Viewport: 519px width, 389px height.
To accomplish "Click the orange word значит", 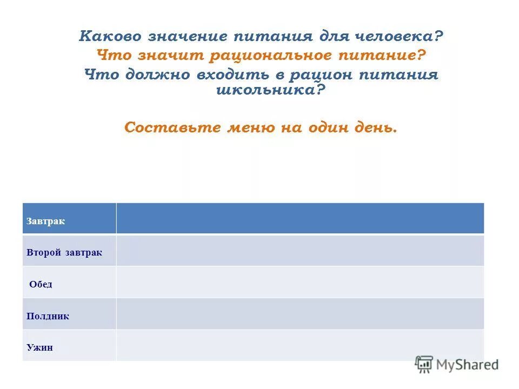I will click(x=167, y=55).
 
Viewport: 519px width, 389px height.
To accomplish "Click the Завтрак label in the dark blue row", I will click(x=45, y=222).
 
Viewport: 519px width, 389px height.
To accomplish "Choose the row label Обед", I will click(x=41, y=284).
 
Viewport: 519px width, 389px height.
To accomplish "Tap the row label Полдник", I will click(x=48, y=316).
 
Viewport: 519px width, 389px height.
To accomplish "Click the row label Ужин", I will click(x=39, y=347).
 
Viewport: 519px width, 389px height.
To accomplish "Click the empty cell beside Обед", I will click(x=300, y=282).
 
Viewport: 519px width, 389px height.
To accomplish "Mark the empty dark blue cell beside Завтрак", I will click(x=300, y=218).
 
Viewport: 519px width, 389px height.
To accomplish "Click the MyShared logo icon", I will click(x=424, y=364).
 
